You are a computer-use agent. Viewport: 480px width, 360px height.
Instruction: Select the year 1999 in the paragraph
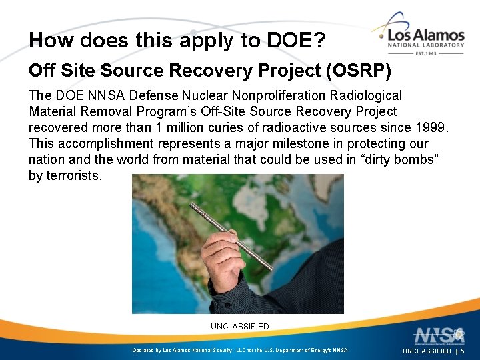click(x=431, y=127)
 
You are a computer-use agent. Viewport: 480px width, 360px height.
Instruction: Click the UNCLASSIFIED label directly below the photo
click(x=240, y=327)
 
